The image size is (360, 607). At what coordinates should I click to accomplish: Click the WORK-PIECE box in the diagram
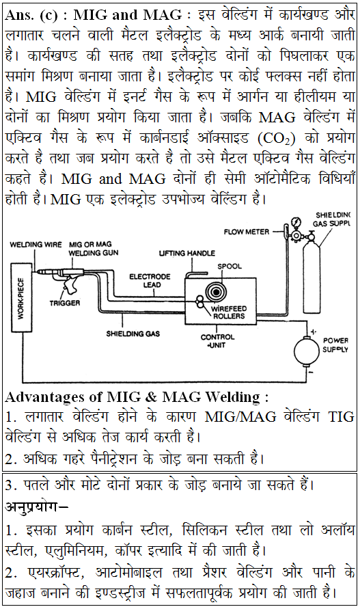21,297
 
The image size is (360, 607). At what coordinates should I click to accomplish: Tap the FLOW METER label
247,232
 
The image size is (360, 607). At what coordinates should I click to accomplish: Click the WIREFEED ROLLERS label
229,312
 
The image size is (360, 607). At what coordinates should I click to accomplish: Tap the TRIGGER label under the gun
65,303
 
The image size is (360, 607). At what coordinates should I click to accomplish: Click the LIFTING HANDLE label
186,253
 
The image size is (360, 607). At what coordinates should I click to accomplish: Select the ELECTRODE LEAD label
150,281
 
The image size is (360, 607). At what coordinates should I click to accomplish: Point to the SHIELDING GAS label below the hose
133,334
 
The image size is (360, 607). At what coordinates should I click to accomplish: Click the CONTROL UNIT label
217,340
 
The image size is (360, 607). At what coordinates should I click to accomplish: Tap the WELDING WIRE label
36,245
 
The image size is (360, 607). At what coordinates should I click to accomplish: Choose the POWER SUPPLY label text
335,345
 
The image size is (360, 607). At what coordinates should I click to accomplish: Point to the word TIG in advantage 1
341,417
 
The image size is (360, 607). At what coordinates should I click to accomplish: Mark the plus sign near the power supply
314,332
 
